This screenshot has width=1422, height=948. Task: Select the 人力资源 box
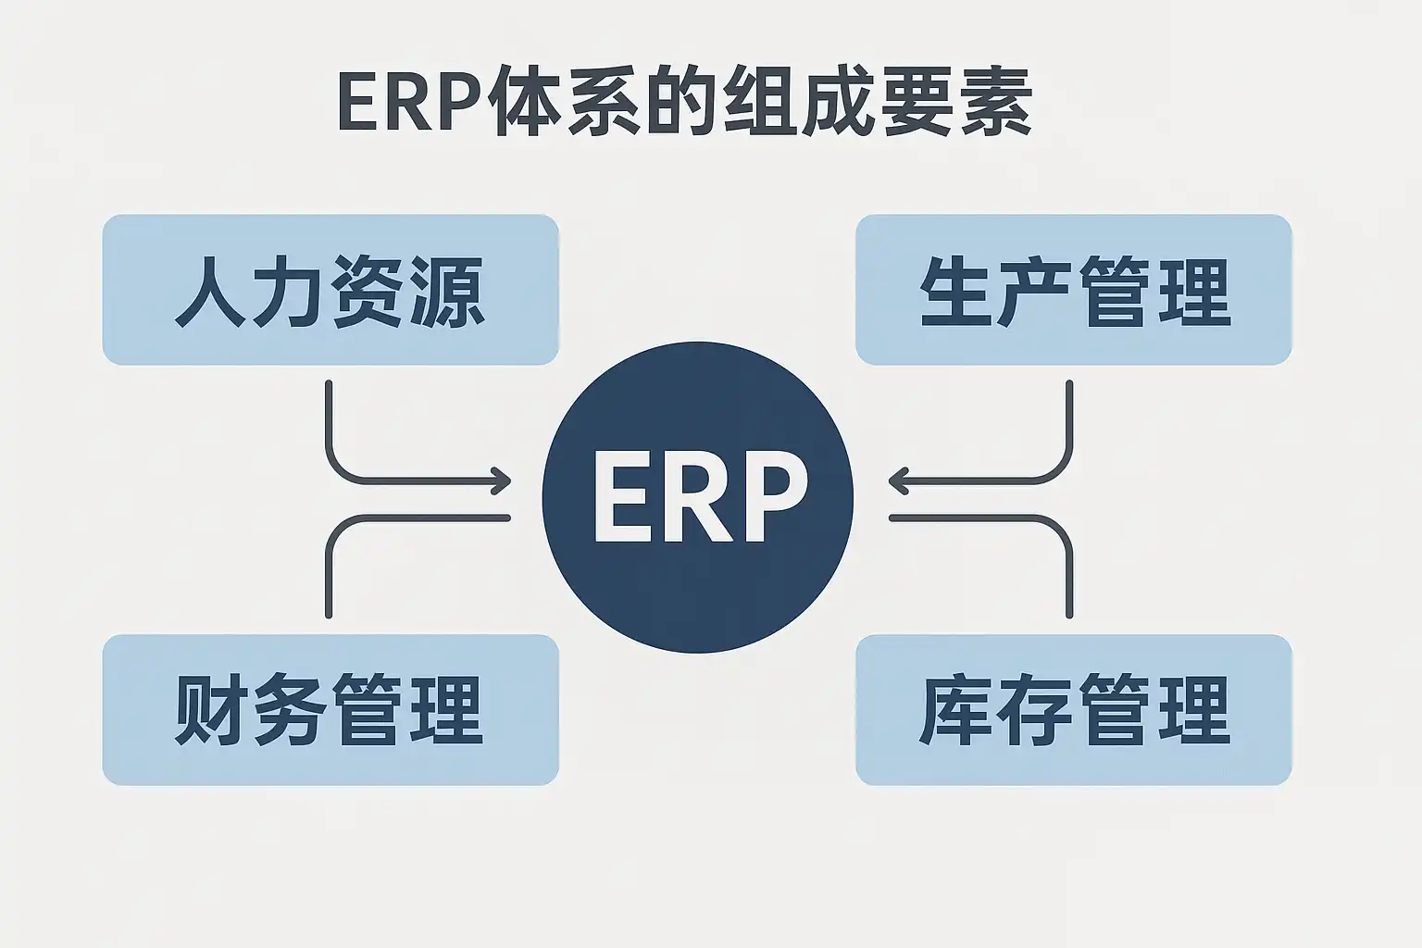[x=331, y=290]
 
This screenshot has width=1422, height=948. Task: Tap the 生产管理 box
[x=1073, y=290]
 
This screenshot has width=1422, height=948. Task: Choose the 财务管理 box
[x=331, y=710]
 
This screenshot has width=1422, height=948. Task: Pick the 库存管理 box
[x=1073, y=710]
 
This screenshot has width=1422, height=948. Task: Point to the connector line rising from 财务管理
[x=330, y=574]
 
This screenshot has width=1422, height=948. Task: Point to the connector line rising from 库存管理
[x=1069, y=574]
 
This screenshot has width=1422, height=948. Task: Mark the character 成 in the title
[x=840, y=103]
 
